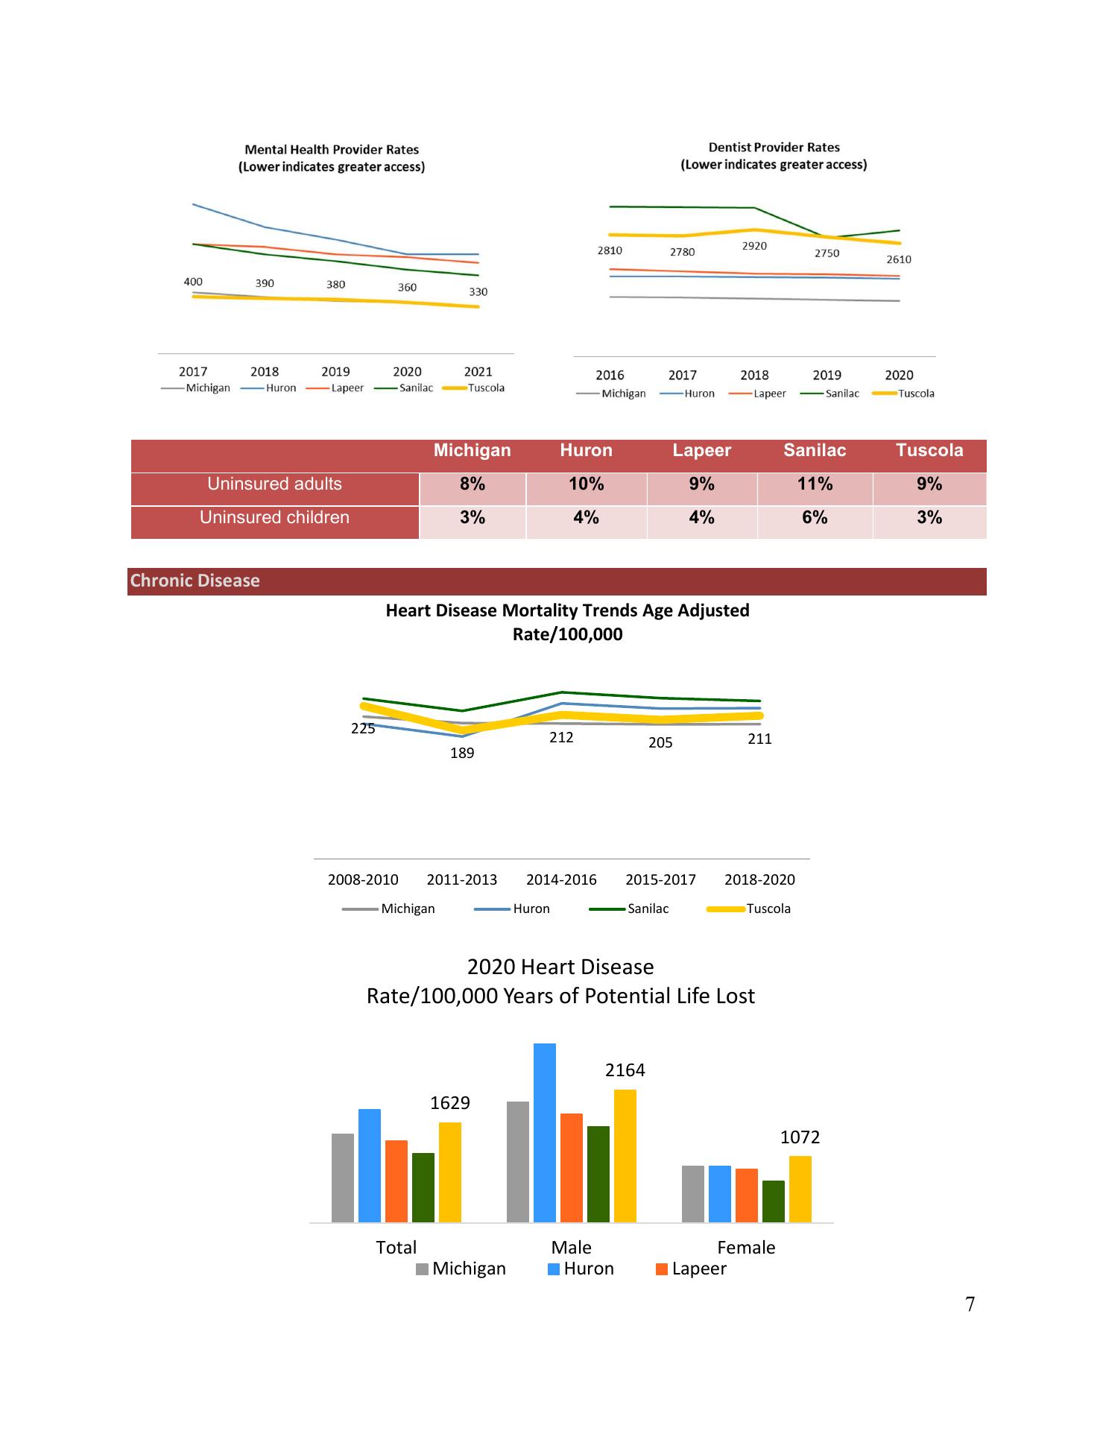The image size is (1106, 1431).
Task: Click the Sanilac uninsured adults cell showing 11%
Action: [815, 484]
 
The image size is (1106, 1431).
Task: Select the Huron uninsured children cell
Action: [586, 518]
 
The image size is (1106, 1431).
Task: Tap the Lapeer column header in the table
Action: [701, 451]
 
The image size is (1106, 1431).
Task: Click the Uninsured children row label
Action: [274, 518]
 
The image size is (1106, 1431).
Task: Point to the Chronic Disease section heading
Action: [195, 581]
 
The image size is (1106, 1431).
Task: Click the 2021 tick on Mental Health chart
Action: [478, 371]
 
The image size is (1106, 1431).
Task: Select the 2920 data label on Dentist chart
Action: [754, 246]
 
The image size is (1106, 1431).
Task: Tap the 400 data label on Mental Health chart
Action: [193, 282]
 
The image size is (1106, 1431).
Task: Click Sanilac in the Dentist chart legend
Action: [841, 394]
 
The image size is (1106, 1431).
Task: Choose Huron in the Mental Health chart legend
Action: [280, 388]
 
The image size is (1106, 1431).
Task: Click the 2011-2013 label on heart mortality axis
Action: [461, 879]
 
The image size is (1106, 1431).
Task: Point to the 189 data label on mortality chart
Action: [462, 754]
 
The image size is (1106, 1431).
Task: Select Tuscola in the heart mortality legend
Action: [768, 909]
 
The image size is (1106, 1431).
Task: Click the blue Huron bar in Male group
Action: [545, 1133]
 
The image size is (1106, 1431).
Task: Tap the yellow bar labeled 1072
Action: [800, 1189]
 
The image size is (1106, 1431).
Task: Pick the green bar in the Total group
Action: [423, 1187]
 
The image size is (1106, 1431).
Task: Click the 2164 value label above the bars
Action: [625, 1070]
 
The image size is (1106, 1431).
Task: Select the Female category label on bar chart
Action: [746, 1248]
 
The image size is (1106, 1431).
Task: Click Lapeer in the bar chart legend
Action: [698, 1269]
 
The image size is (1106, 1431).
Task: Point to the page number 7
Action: [970, 1304]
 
